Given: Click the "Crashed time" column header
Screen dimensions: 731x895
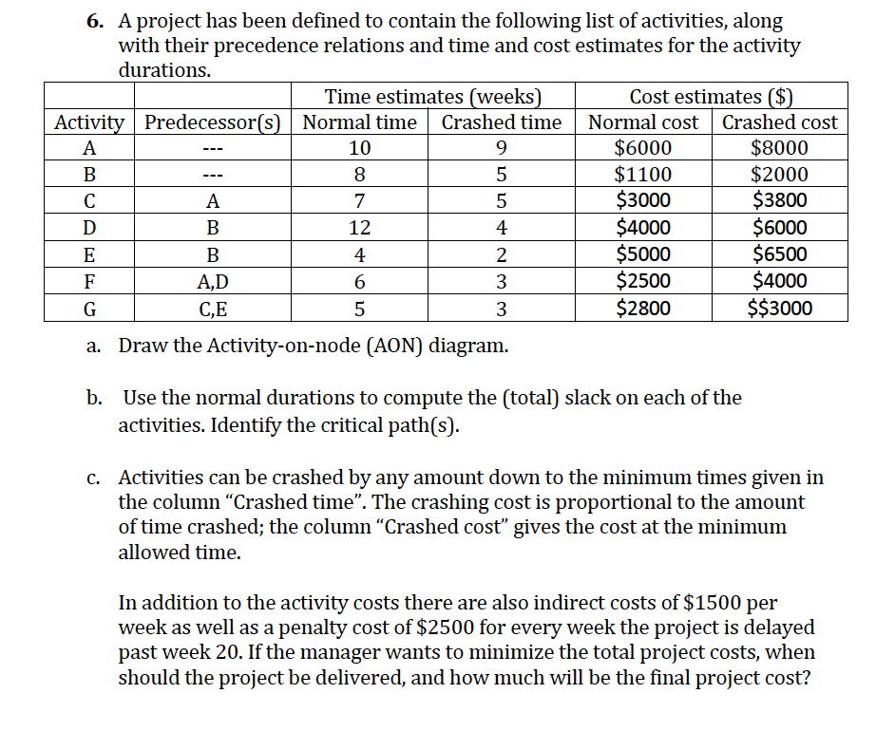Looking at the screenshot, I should (502, 122).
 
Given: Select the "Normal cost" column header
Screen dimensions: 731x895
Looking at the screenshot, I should (643, 122).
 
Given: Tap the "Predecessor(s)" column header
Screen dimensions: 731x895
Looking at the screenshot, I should (214, 122).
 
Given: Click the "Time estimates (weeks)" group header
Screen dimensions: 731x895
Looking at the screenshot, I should (433, 97).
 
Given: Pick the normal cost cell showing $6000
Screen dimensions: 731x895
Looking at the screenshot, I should (643, 148).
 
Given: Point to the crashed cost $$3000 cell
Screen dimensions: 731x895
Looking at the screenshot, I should (779, 308).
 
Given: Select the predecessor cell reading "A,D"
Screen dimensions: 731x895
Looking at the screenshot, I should (213, 281).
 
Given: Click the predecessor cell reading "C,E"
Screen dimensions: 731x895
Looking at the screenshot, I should (213, 308).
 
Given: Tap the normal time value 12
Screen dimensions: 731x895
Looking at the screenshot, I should (359, 228).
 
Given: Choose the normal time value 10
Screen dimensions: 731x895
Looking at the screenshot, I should (359, 148).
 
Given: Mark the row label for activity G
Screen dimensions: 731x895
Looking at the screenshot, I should (89, 308).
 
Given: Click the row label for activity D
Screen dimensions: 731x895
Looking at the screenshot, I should (89, 228).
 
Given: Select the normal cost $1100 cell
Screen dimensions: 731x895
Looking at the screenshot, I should (643, 175).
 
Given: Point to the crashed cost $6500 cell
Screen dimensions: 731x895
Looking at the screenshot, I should (779, 254).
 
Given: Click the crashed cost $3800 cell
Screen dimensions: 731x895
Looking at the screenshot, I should (779, 201).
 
